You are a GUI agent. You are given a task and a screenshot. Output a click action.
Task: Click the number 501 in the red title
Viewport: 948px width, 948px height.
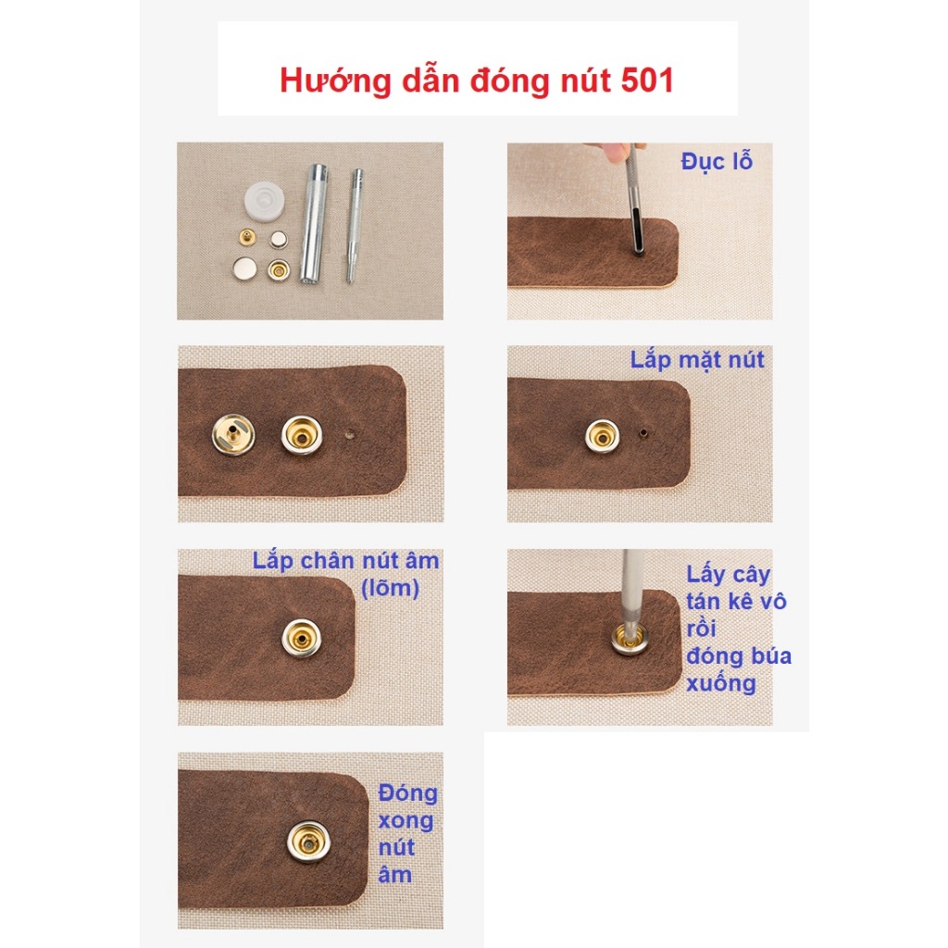647,80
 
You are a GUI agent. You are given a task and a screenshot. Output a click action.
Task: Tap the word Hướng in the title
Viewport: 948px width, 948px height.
335,81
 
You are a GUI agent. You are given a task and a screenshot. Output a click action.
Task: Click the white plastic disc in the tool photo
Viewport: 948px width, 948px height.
266,200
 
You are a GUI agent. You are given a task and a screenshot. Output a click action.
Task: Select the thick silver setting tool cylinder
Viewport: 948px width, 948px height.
315,224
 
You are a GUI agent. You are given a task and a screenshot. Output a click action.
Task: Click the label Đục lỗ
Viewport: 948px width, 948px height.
717,161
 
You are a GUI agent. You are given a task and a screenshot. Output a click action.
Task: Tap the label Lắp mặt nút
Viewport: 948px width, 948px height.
697,360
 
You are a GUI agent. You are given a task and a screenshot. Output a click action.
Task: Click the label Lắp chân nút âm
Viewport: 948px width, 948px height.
345,561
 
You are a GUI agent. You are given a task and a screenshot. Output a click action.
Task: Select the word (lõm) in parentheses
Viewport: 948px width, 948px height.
390,588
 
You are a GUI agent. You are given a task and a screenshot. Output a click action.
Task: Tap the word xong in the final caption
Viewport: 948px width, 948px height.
405,822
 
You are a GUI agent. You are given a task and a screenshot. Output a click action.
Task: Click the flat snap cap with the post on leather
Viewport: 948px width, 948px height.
233,434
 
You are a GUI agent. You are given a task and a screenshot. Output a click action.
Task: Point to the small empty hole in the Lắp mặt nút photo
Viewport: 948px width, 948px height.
644,432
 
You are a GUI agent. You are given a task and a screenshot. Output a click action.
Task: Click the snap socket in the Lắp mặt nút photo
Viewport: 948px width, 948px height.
602,435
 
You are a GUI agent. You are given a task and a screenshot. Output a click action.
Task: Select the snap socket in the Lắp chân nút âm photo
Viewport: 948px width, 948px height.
302,638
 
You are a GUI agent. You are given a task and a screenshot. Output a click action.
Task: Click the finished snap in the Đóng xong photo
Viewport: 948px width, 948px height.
308,842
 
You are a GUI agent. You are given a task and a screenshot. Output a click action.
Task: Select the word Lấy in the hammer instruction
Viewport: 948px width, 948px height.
705,575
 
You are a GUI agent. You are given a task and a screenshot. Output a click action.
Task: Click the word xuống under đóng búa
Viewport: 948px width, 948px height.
721,684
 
